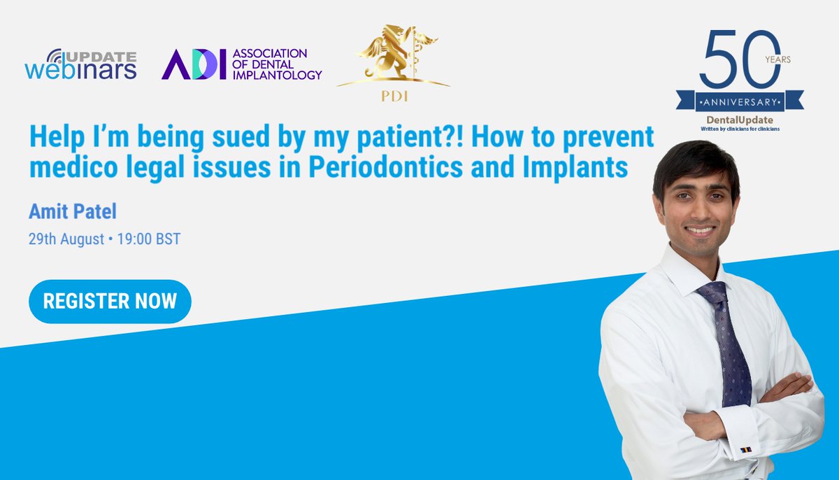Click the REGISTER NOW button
pos(110,302)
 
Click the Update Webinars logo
pos(80,64)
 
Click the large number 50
pos(732,59)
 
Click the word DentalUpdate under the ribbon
pos(740,120)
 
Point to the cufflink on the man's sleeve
pos(745,449)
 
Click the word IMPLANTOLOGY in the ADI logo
pos(277,75)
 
